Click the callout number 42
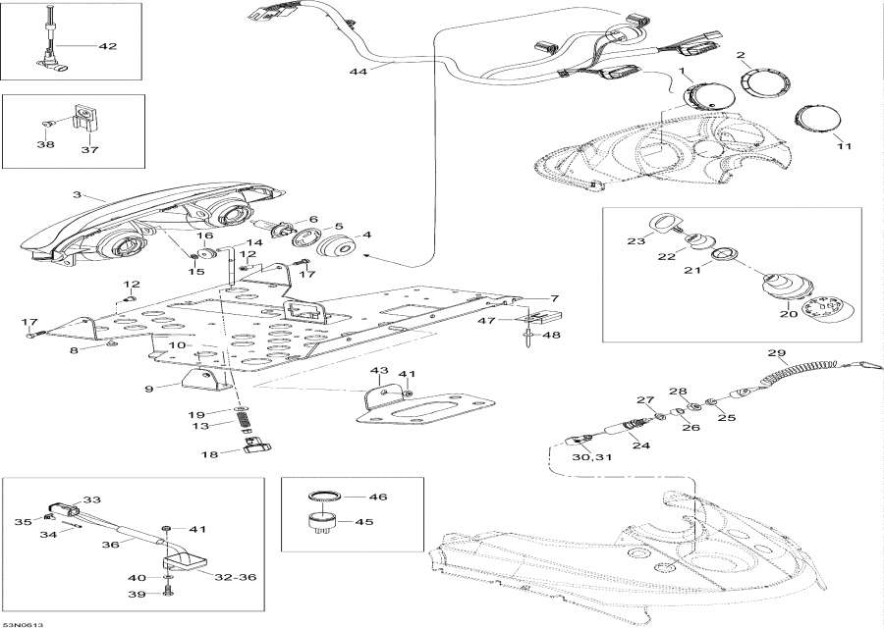click(107, 46)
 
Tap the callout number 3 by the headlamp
click(78, 194)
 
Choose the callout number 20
click(789, 314)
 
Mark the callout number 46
click(378, 498)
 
